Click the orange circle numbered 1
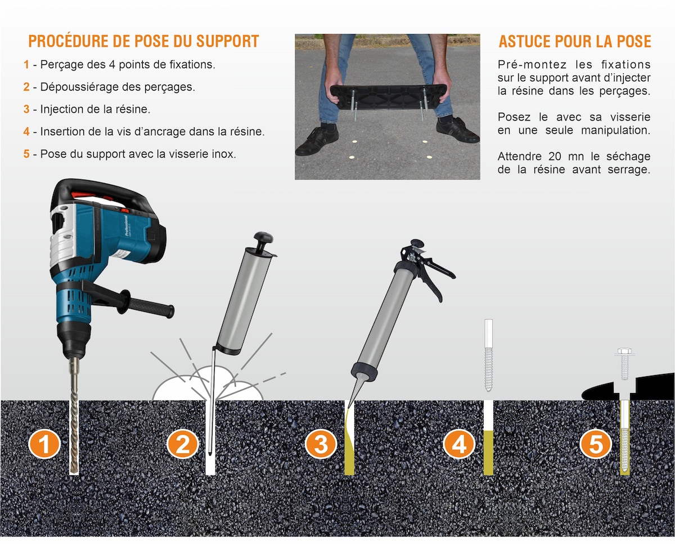coord(44,444)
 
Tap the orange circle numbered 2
coord(183,444)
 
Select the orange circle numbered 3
coord(321,444)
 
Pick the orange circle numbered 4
coord(459,444)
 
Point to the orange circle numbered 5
coord(596,444)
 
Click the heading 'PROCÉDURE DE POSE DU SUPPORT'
coord(143,41)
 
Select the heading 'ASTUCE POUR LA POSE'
coord(575,41)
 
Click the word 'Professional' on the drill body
coord(126,225)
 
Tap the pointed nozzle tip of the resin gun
coord(349,407)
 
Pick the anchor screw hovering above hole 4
coord(488,355)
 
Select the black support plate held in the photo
coord(388,97)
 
